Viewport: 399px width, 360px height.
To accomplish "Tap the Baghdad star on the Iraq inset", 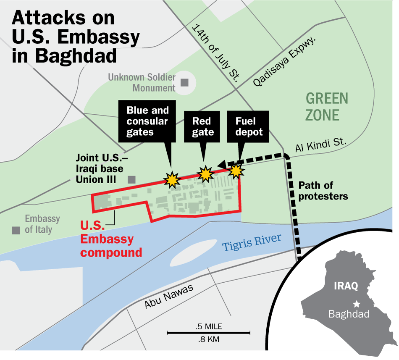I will [x=357, y=303].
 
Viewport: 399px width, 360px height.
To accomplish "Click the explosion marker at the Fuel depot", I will [x=236, y=171].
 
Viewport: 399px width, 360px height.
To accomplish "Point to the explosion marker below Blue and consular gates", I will [x=172, y=180].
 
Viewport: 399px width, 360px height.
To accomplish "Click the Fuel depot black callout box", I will [x=249, y=127].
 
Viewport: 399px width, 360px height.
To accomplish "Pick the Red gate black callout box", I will [x=203, y=127].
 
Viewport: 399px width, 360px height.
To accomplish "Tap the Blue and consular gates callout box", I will [x=147, y=122].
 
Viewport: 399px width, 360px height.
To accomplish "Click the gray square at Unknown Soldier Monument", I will [x=184, y=82].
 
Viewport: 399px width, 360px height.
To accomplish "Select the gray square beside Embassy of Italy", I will [x=16, y=230].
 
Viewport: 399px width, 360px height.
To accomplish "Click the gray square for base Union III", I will [x=131, y=179].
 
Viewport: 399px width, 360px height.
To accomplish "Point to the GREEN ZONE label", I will [x=327, y=107].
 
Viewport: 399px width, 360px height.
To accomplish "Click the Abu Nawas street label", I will [x=169, y=297].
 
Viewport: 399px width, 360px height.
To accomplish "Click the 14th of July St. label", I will [x=215, y=52].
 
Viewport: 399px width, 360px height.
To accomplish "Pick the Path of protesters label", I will [x=323, y=190].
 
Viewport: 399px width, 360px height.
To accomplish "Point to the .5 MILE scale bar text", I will [x=209, y=326].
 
